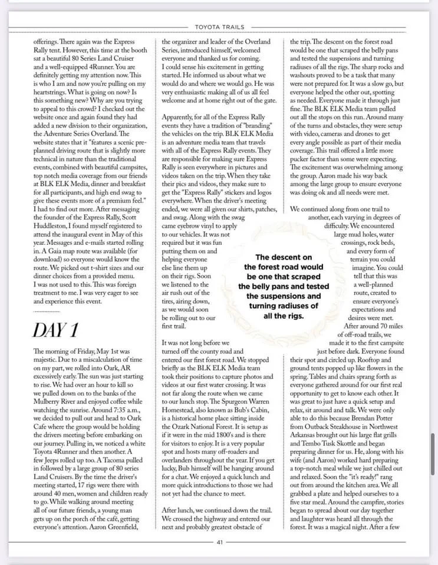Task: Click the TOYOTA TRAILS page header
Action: [219, 27]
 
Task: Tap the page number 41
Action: [219, 542]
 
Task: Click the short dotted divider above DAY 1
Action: [47, 311]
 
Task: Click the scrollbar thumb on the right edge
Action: [433, 450]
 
